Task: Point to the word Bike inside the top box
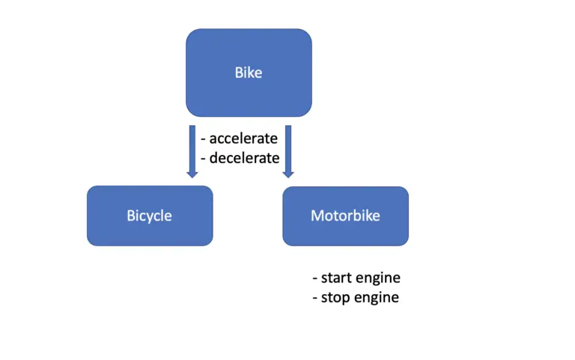click(x=249, y=73)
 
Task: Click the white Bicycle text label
click(x=149, y=216)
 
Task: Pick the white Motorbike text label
click(x=345, y=216)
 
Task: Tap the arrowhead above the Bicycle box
click(x=192, y=173)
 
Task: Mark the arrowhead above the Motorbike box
click(x=288, y=173)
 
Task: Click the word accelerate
click(x=243, y=138)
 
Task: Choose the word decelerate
click(x=244, y=158)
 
